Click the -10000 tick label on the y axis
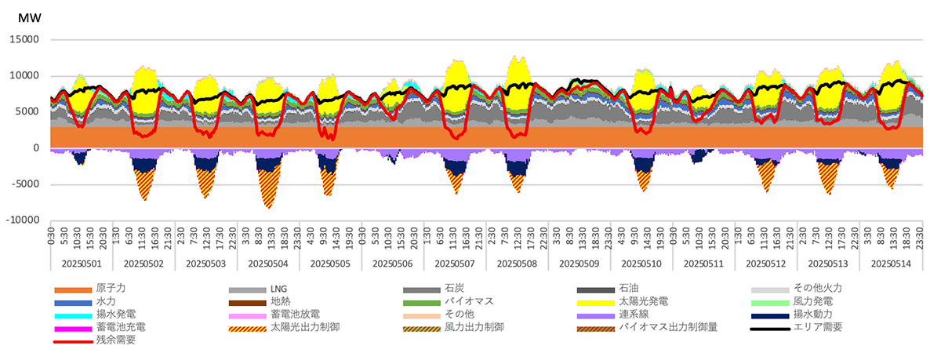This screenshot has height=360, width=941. click(24, 221)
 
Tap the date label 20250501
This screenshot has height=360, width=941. click(81, 263)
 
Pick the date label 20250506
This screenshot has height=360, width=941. click(392, 263)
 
